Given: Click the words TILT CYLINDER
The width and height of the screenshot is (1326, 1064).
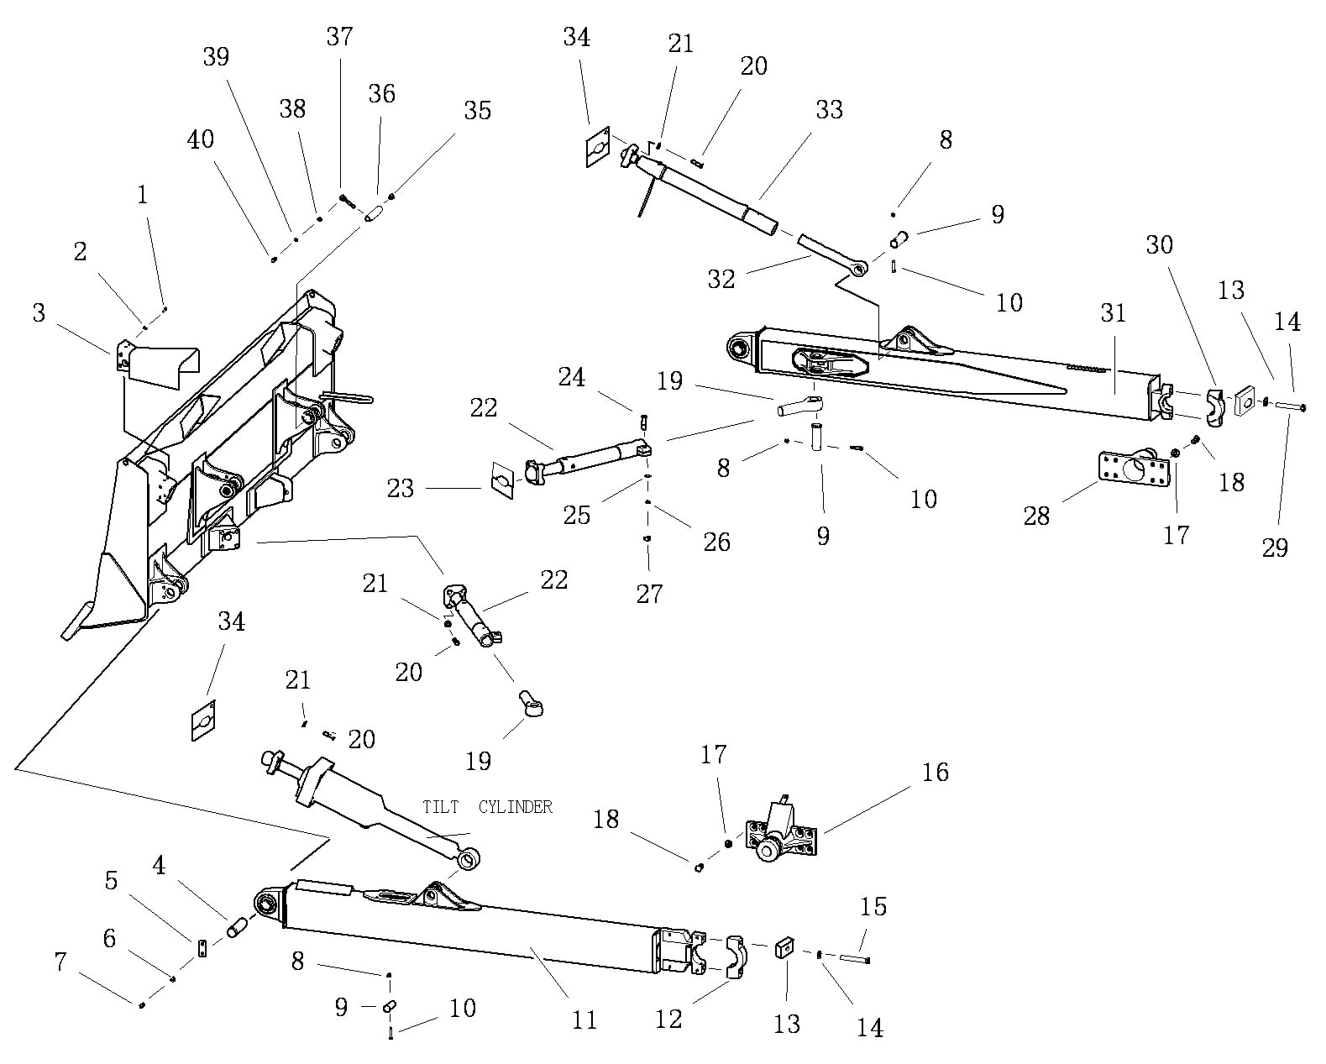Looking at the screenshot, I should coord(488,807).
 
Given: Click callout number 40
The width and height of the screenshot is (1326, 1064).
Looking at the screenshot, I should coord(201,139).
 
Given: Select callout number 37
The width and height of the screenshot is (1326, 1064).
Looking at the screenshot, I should coord(340,37).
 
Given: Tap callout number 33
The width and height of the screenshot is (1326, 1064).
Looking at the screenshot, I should coord(829,110).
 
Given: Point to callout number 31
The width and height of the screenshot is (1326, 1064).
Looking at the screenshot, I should coord(1113,313).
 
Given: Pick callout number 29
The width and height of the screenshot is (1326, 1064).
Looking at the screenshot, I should coord(1275,548).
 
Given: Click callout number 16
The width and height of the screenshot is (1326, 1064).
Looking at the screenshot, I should coord(936,772).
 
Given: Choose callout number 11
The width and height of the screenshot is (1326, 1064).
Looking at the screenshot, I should coord(584,1020).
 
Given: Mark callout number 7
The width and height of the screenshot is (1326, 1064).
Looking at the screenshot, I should coord(60,962).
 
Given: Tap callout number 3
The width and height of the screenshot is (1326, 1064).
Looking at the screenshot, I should coord(39,313).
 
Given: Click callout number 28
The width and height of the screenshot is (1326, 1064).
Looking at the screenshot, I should coord(1036,516).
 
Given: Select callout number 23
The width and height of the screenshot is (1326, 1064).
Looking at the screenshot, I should coord(401,488).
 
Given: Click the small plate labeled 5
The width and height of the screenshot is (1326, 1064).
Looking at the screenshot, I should coord(202,949).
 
